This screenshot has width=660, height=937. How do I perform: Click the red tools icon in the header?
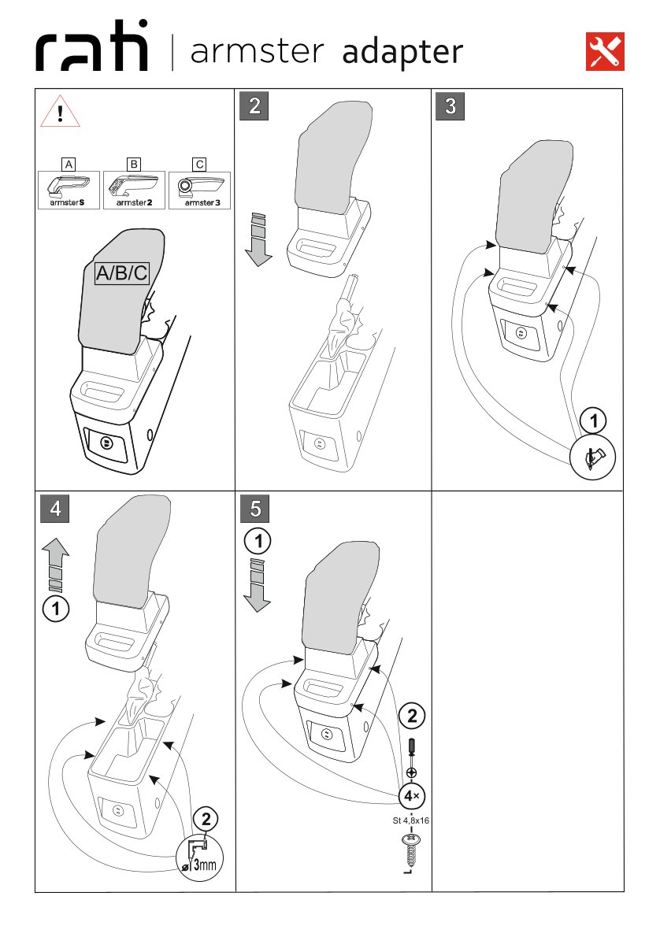point(606,51)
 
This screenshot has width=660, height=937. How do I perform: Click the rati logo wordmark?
point(92,51)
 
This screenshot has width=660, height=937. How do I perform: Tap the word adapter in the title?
point(402,52)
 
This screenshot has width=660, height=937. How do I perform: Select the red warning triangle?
point(60,111)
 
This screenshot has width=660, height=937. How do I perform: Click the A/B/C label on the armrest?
point(121,273)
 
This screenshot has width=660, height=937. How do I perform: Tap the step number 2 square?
point(254,106)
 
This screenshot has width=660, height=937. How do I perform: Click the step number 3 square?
point(450,106)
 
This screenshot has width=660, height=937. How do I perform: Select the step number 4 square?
point(54,508)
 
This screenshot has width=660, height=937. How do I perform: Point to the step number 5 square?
point(254,508)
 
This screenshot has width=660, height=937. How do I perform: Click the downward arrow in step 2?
point(258,239)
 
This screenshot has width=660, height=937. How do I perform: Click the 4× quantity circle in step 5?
point(412,796)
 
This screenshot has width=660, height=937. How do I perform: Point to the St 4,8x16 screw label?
point(410,820)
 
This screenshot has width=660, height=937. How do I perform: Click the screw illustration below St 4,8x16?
point(410,851)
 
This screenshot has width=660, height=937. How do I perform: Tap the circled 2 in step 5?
point(412,716)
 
